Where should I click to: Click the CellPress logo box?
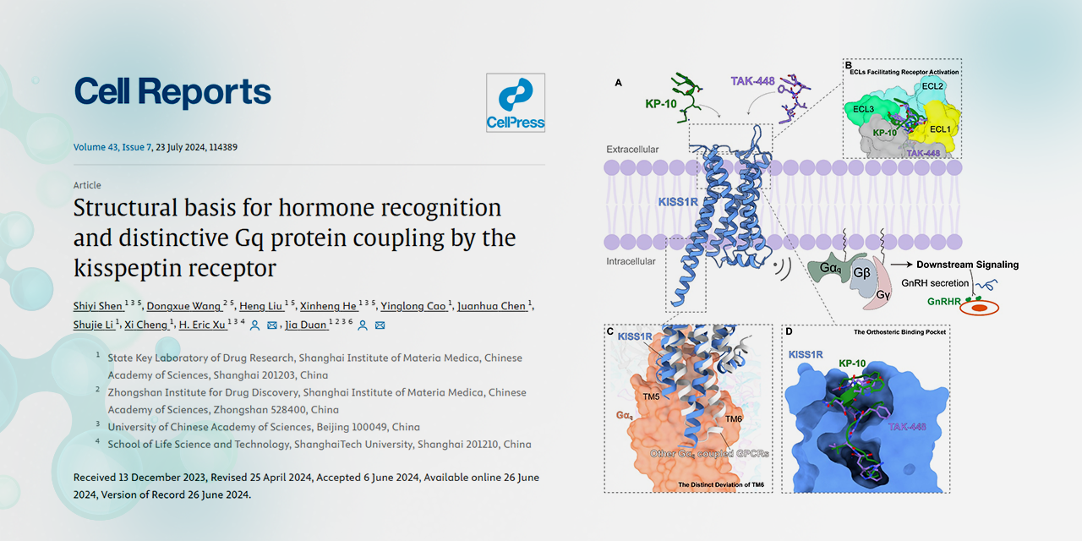pyautogui.click(x=516, y=102)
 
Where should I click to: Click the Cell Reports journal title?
pyautogui.click(x=172, y=92)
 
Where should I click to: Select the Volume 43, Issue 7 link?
pyautogui.click(x=112, y=147)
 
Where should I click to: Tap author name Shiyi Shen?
pyautogui.click(x=97, y=306)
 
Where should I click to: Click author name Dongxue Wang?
pyautogui.click(x=183, y=306)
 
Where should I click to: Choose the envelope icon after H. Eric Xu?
pyautogui.click(x=272, y=325)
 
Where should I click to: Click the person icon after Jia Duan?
pyautogui.click(x=363, y=325)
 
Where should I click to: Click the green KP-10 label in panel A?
pyautogui.click(x=661, y=103)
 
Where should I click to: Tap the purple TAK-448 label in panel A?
pyautogui.click(x=752, y=81)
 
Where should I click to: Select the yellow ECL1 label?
pyautogui.click(x=940, y=129)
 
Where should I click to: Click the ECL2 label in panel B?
pyautogui.click(x=932, y=86)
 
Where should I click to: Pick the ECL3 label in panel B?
pyautogui.click(x=863, y=109)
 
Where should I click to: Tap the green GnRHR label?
pyautogui.click(x=944, y=302)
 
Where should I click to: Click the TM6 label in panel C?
pyautogui.click(x=733, y=418)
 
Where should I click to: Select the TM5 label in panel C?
pyautogui.click(x=651, y=396)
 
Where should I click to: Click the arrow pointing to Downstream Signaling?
pyautogui.click(x=901, y=265)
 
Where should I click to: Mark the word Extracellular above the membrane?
pyautogui.click(x=632, y=150)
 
